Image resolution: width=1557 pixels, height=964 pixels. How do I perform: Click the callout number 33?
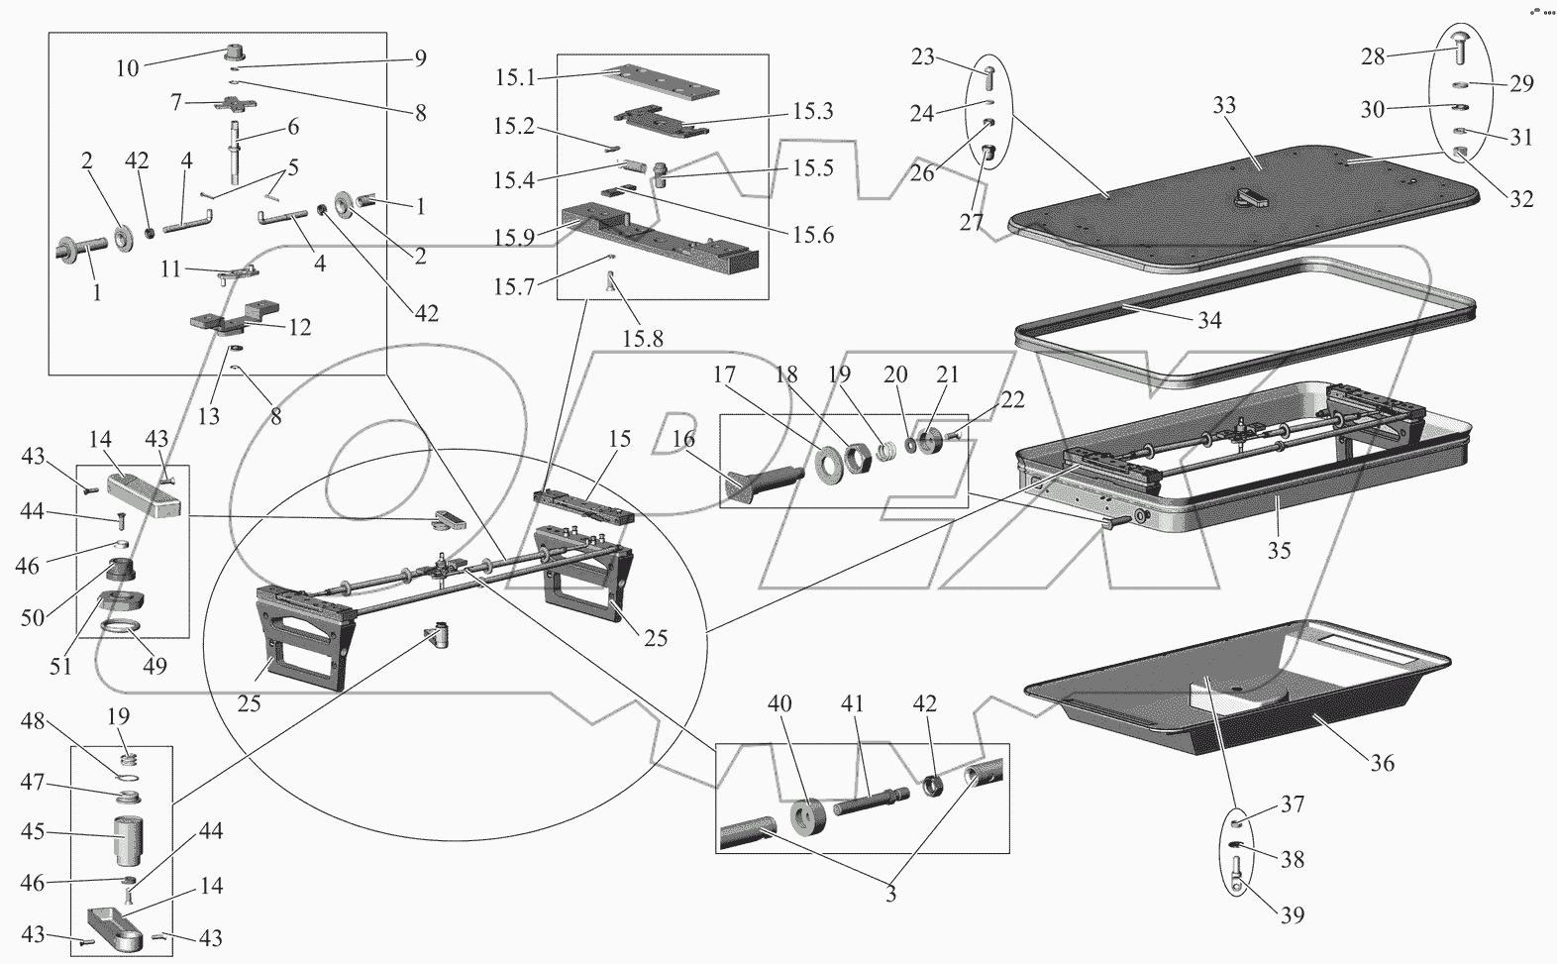(x=1225, y=106)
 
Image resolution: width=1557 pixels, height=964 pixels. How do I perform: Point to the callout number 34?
(x=1208, y=320)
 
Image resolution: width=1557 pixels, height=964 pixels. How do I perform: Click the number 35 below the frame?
(x=1279, y=549)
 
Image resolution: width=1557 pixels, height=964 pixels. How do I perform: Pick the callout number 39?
(x=1291, y=914)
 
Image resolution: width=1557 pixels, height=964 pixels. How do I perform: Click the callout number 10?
(x=128, y=67)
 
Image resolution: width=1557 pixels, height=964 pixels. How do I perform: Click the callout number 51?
(x=60, y=666)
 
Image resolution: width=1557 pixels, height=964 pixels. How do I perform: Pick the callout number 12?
(x=299, y=326)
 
